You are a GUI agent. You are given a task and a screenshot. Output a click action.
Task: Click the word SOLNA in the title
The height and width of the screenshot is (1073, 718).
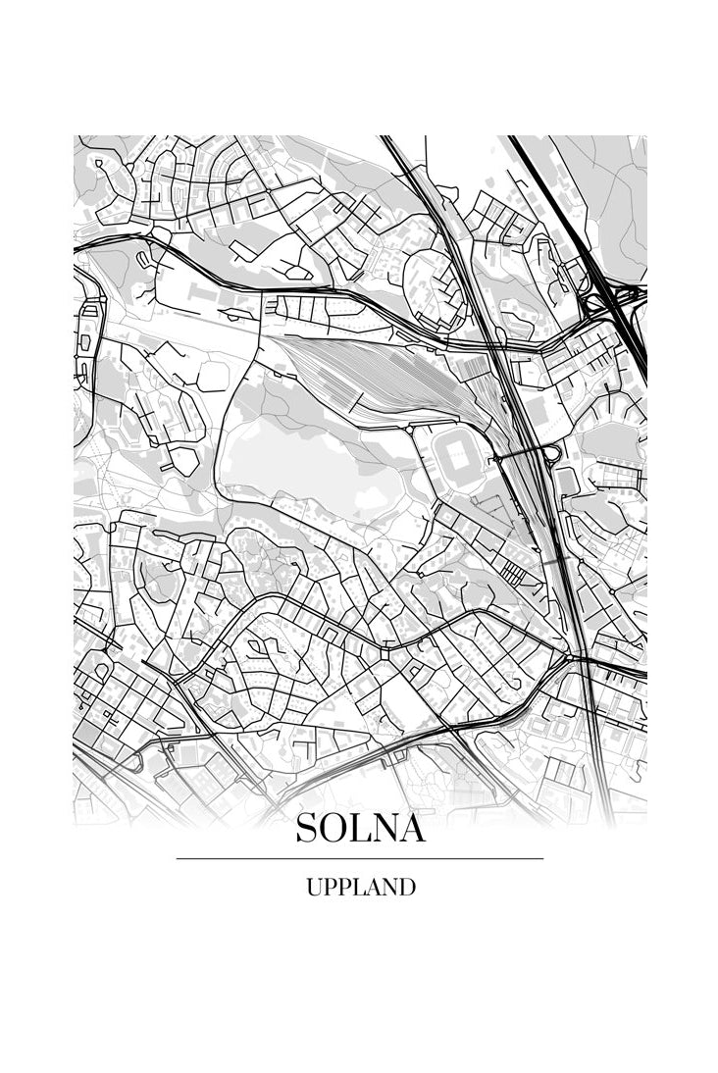(x=360, y=829)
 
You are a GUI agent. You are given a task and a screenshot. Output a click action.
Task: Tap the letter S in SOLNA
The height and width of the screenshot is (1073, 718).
(x=306, y=829)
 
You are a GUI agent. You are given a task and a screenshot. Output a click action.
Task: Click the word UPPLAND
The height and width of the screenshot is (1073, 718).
(x=360, y=888)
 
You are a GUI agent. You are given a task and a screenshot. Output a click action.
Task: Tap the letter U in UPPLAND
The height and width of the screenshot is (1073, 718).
(x=313, y=888)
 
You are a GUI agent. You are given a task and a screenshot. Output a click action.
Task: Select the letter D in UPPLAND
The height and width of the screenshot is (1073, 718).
(x=406, y=888)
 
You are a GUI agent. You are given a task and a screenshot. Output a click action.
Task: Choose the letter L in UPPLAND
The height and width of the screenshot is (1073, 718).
(x=358, y=888)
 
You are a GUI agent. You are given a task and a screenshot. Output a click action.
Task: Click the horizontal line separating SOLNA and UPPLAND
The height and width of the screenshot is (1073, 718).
(x=360, y=858)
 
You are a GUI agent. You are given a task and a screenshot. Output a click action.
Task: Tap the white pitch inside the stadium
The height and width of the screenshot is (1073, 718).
(x=458, y=456)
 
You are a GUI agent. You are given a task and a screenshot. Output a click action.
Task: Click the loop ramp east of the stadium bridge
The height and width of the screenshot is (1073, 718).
(x=550, y=453)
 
